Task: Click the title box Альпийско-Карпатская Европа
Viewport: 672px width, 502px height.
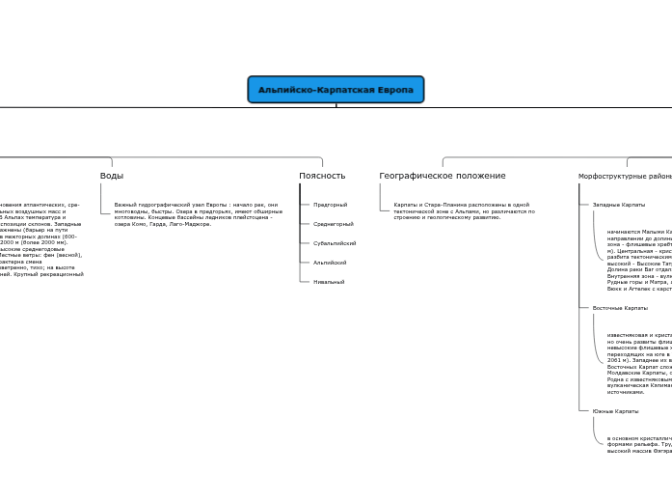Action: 336,90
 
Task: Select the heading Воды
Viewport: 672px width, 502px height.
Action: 112,176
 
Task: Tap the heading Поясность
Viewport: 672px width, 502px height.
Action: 322,176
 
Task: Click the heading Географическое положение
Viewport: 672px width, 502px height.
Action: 443,176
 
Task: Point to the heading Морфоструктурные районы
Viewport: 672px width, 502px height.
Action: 625,177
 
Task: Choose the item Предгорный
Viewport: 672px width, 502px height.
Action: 331,205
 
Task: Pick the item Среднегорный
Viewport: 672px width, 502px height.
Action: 334,224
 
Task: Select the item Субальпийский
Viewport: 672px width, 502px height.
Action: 335,243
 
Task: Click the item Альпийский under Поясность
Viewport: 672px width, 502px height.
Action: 330,263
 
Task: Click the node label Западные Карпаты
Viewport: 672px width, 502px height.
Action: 619,205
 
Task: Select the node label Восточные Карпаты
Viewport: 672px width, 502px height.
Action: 620,308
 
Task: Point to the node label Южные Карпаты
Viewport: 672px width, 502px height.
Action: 615,411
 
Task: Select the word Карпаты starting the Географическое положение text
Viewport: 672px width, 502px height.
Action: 405,205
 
